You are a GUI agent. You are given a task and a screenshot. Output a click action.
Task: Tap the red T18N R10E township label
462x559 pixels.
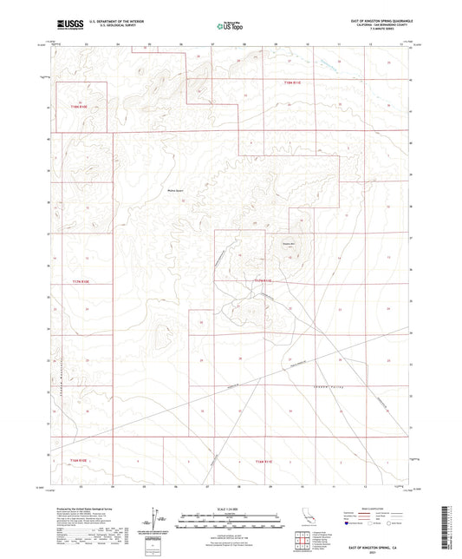pos(80,108)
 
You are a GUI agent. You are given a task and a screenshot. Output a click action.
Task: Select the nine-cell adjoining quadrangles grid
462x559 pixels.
pos(301,543)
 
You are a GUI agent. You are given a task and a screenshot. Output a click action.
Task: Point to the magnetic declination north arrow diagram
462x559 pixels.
pos(159,522)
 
